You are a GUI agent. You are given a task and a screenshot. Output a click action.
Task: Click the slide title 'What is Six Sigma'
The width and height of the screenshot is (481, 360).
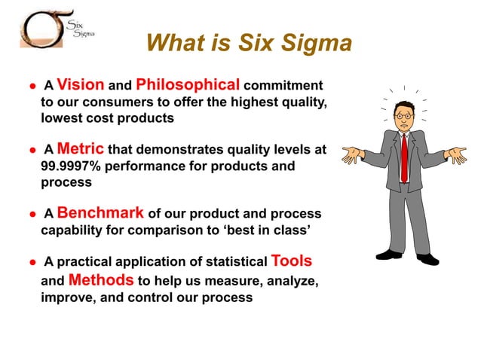249,44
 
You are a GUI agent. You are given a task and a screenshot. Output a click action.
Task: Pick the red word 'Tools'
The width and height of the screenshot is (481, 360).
291,261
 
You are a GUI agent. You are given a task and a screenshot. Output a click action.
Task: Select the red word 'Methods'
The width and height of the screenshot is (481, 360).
101,280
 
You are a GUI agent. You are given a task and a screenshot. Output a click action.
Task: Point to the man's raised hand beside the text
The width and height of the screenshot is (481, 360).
351,155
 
